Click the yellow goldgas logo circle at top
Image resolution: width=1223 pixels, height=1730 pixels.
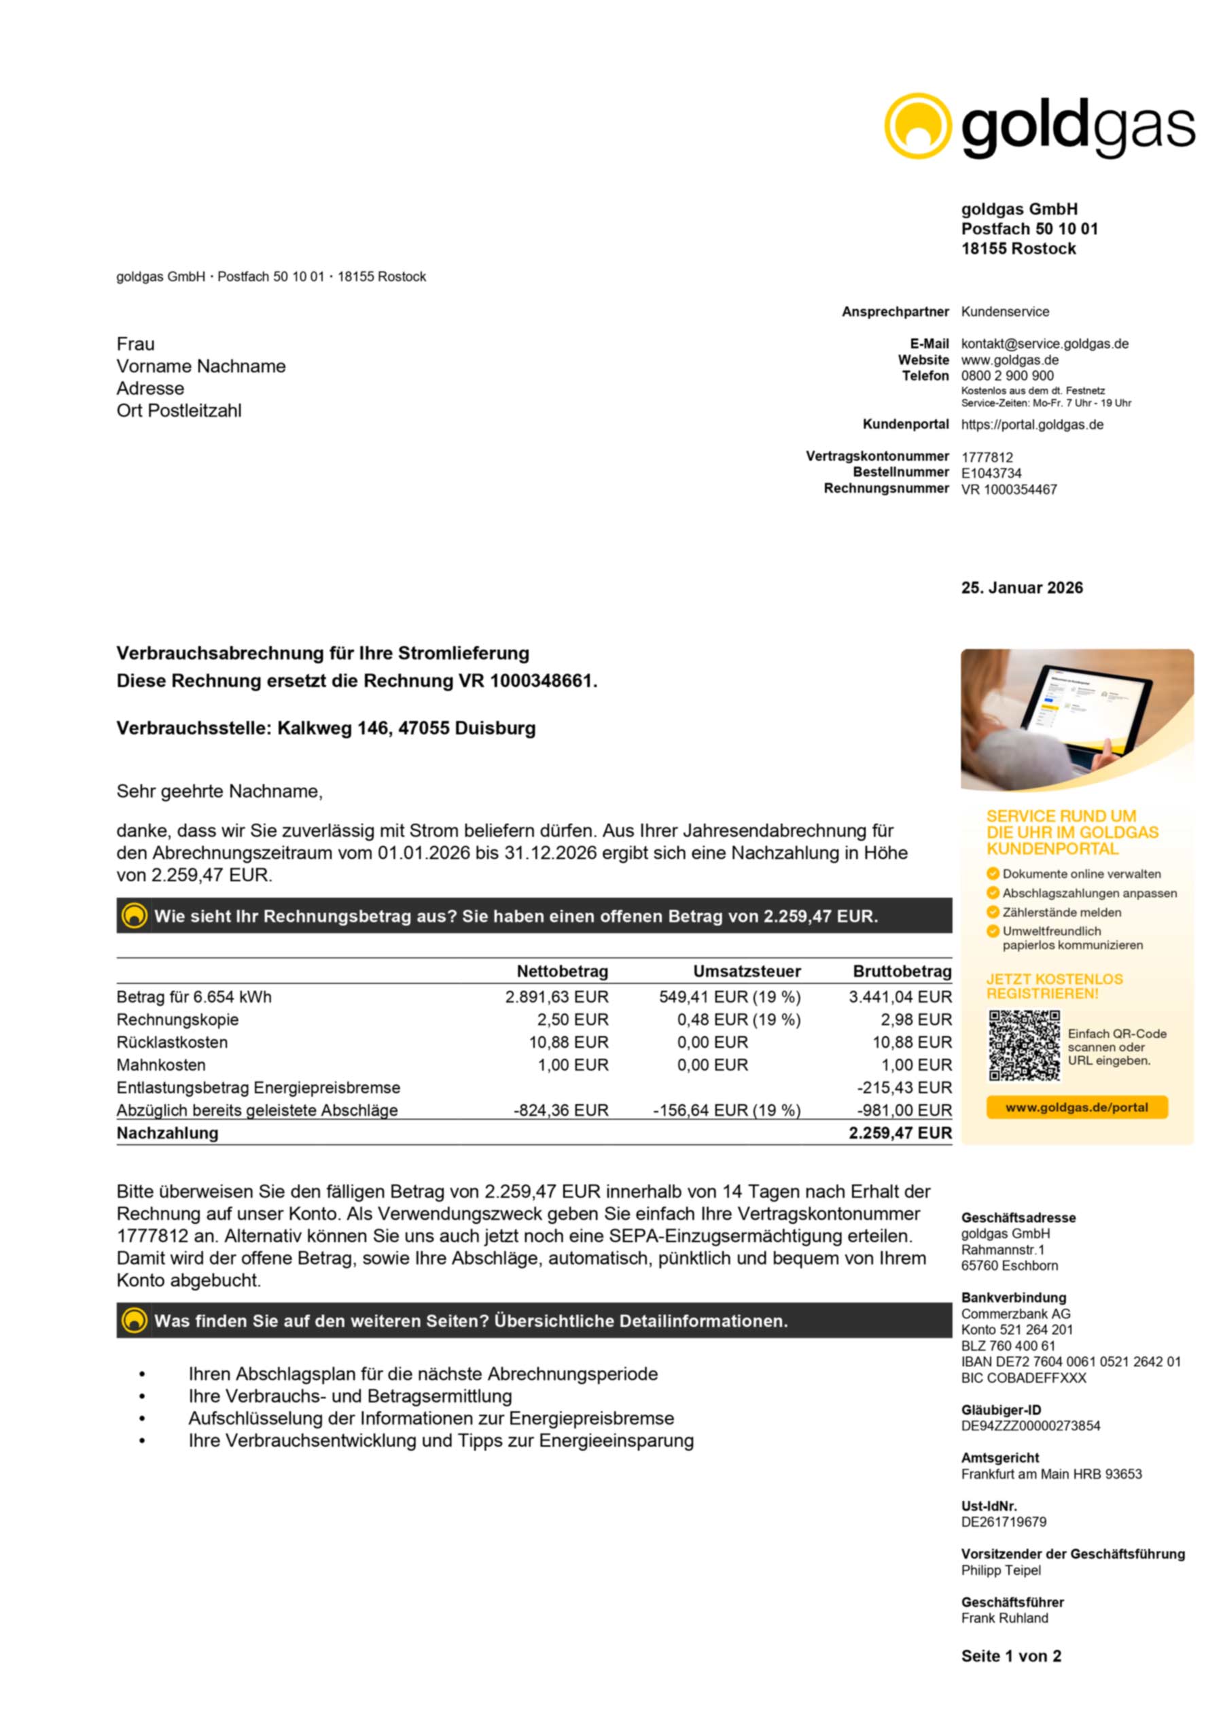click(x=917, y=126)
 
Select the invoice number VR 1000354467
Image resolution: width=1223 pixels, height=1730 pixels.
click(x=1008, y=490)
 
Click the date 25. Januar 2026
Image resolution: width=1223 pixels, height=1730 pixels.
click(x=1021, y=588)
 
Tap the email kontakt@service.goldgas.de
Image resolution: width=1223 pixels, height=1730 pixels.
click(x=1044, y=344)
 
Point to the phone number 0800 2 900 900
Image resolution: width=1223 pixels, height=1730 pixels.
click(x=1007, y=375)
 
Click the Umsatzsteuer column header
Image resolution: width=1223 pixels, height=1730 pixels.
click(x=746, y=971)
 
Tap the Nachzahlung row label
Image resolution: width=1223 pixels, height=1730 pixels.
click(x=167, y=1133)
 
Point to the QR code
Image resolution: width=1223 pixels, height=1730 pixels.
click(x=1023, y=1045)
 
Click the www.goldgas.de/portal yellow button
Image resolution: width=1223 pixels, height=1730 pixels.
click(x=1076, y=1107)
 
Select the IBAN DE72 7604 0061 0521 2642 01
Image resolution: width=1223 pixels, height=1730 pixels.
click(x=1070, y=1362)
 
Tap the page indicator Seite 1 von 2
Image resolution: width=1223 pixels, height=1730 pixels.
click(x=1010, y=1655)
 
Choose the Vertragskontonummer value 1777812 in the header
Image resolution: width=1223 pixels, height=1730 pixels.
click(x=987, y=457)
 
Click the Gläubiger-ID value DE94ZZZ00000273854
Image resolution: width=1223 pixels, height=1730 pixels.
click(x=1030, y=1426)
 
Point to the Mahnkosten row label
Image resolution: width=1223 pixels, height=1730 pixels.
click(x=160, y=1065)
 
